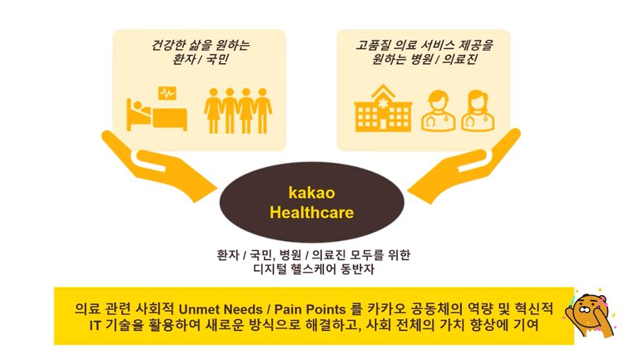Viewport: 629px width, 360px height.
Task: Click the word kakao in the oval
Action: click(312, 193)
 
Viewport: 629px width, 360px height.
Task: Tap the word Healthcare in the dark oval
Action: click(312, 212)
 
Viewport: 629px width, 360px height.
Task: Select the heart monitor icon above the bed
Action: click(167, 93)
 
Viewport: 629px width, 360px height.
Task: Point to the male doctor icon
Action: click(439, 111)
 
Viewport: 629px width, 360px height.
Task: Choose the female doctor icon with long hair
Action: click(478, 111)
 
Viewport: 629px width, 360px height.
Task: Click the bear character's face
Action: click(587, 310)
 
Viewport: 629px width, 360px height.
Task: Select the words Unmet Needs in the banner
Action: click(220, 310)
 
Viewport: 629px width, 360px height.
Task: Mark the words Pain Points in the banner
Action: click(310, 310)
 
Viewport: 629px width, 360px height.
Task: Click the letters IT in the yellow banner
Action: click(95, 325)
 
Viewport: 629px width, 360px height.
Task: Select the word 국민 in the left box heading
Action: click(217, 59)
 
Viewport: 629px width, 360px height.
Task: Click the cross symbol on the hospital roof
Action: click(383, 103)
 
